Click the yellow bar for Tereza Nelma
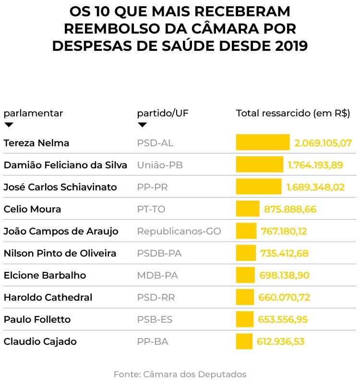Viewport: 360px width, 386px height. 263,142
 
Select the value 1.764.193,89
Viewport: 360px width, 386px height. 315,165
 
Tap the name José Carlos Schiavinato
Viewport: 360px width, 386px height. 60,187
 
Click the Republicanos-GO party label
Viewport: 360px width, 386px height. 179,231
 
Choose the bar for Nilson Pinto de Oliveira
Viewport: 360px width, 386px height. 246,253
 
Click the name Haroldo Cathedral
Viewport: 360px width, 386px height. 48,297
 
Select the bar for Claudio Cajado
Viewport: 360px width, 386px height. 244,341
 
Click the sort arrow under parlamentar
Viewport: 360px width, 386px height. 9,125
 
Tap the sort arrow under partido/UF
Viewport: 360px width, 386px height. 142,125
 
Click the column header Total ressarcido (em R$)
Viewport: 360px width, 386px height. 293,114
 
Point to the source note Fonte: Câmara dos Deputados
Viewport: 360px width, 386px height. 180,374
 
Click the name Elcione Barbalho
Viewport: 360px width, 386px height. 45,275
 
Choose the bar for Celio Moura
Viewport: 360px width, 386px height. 248,209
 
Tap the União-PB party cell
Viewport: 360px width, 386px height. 160,165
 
